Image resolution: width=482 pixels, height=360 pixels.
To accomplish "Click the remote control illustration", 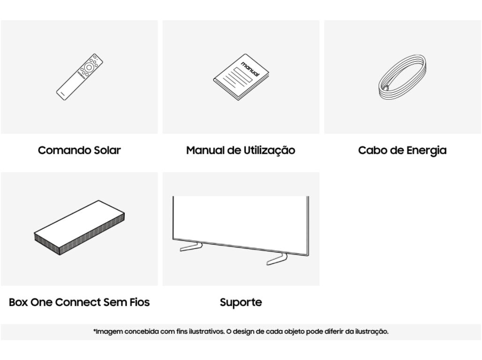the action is tap(79, 77).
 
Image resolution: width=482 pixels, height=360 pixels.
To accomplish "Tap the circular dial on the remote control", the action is tap(89, 67).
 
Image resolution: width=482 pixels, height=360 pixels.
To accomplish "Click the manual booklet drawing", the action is tap(241, 77).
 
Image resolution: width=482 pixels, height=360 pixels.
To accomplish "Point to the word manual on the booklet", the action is tap(250, 68).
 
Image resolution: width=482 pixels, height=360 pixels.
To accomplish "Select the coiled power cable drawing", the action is tap(402, 77).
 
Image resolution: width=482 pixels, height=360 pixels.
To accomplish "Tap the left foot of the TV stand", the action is tap(191, 247).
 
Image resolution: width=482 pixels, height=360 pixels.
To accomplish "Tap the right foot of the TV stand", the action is tap(277, 259).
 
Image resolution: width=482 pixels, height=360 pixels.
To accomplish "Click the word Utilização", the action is tap(269, 150).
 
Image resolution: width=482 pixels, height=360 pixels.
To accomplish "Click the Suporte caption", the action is tap(241, 303).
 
